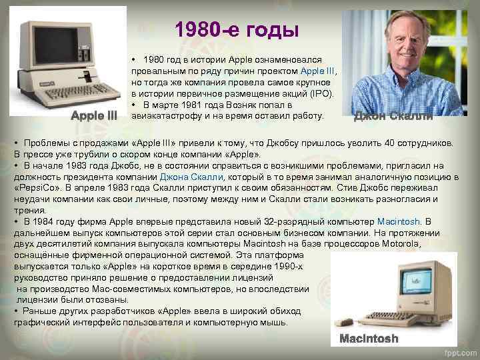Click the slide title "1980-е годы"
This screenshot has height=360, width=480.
click(x=237, y=31)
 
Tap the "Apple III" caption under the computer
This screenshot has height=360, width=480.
click(x=95, y=115)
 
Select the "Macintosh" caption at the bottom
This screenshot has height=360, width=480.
click(x=369, y=339)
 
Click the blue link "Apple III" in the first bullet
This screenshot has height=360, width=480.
click(x=319, y=70)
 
